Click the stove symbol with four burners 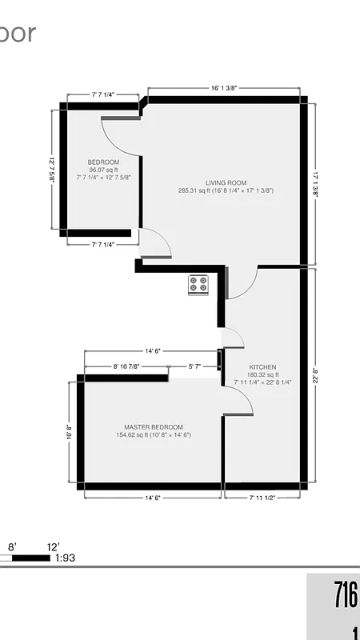(198, 285)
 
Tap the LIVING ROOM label (226, 182)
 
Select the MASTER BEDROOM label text (154, 427)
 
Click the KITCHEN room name (262, 366)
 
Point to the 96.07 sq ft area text (103, 170)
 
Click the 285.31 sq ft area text (226, 191)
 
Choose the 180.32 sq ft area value (262, 374)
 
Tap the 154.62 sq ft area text (154, 435)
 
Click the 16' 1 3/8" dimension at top (223, 89)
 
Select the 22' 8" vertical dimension (316, 376)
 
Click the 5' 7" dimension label (194, 366)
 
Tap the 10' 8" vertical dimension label (70, 433)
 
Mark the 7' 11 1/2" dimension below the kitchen (262, 498)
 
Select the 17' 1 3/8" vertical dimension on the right (316, 185)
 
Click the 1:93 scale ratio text (65, 558)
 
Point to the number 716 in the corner (345, 596)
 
